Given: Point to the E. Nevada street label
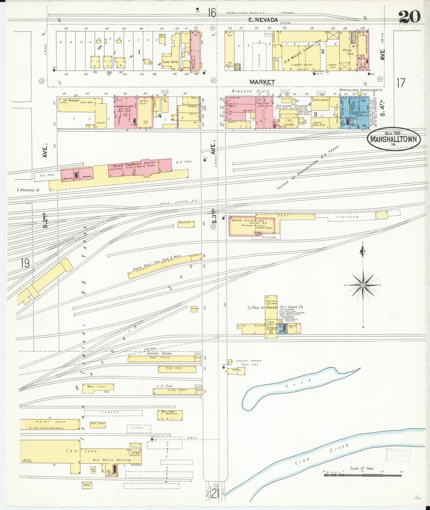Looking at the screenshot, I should [x=263, y=20].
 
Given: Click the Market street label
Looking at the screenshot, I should [x=262, y=82].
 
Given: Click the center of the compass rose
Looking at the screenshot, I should [x=363, y=285].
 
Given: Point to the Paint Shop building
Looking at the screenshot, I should [x=50, y=424].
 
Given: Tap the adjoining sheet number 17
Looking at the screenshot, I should [x=401, y=83].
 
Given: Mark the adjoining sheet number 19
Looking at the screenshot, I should [x=25, y=263].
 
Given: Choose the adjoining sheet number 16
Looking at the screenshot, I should [x=212, y=13].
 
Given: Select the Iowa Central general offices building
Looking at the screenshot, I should [x=252, y=226].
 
